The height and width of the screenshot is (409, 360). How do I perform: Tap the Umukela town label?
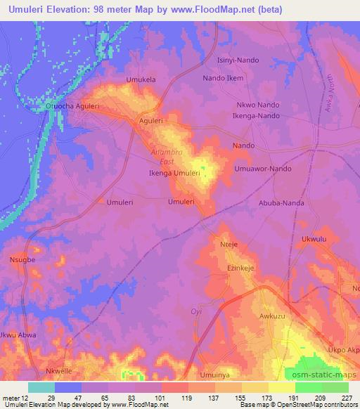tap(140, 79)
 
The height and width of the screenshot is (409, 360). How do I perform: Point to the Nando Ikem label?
tap(223, 78)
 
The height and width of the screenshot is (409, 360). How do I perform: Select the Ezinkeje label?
tap(239, 268)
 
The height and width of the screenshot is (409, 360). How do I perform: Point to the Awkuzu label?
tap(272, 317)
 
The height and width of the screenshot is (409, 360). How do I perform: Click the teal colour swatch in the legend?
tap(41, 387)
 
